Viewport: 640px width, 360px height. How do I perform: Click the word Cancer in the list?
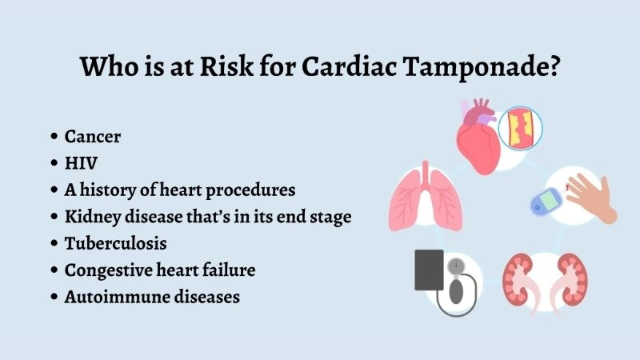[x=93, y=136]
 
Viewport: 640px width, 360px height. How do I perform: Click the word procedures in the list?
[x=252, y=190]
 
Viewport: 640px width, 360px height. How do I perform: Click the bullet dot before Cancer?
[x=54, y=137]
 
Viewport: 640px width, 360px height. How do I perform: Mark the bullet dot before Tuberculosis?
[x=54, y=244]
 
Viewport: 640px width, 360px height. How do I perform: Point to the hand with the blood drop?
[x=590, y=195]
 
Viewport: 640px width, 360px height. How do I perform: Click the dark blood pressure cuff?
[x=429, y=270]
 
